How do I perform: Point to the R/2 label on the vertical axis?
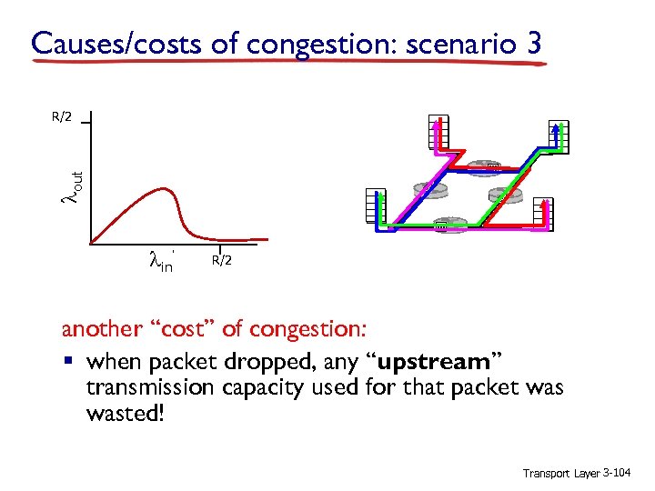click(x=62, y=116)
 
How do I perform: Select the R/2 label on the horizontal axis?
click(x=222, y=261)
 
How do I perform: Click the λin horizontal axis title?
click(x=161, y=262)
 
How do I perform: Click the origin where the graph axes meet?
click(x=91, y=244)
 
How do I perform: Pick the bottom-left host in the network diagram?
click(x=373, y=206)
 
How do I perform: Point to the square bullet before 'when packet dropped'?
click(x=66, y=363)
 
